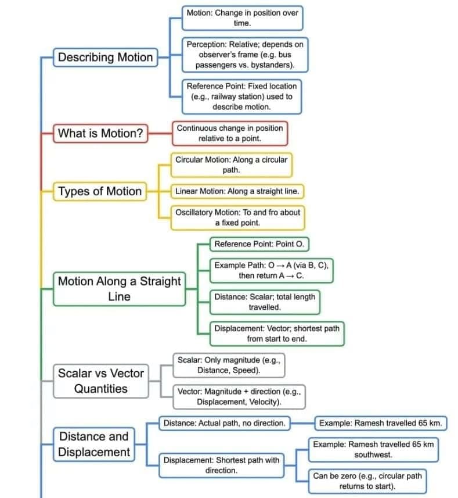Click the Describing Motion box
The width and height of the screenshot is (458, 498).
(x=105, y=58)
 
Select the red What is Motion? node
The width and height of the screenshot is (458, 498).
(x=100, y=133)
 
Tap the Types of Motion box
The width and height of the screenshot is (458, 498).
(x=99, y=191)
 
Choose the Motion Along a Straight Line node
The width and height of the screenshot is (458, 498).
(x=119, y=289)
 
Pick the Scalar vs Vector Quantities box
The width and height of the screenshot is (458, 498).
(x=100, y=381)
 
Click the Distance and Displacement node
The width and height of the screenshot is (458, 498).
(x=93, y=444)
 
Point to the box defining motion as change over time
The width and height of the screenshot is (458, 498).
(x=242, y=18)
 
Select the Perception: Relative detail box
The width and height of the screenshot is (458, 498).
(x=244, y=55)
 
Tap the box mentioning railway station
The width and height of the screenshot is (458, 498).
(x=241, y=96)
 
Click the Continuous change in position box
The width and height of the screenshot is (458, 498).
(x=229, y=133)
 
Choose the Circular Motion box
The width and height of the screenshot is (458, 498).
(x=231, y=164)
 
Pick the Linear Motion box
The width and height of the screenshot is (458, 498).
(x=237, y=191)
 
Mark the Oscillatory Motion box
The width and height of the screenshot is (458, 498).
(x=237, y=217)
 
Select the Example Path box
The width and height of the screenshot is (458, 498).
(x=271, y=270)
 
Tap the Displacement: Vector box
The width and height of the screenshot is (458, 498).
(x=276, y=334)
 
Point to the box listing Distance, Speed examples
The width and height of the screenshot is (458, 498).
(x=228, y=365)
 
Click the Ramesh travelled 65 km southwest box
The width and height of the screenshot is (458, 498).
(x=373, y=449)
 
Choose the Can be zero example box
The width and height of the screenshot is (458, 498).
(x=367, y=481)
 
